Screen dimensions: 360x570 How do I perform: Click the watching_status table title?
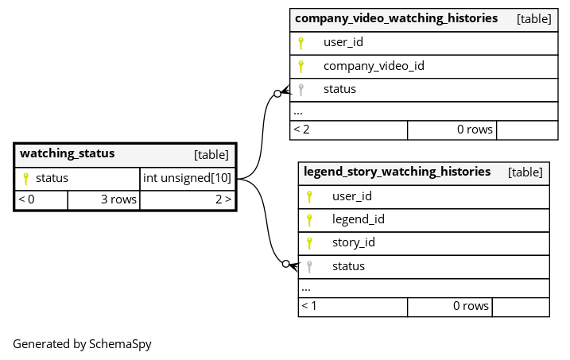tap(68, 154)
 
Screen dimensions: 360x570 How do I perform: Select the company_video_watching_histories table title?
tap(396, 18)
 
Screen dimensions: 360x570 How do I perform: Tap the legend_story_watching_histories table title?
tap(397, 172)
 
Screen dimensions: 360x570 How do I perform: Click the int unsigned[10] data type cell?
tap(187, 178)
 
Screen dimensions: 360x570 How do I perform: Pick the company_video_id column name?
tap(373, 66)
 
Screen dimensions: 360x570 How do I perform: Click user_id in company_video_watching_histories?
tap(343, 42)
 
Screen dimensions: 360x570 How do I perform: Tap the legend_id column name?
tap(358, 219)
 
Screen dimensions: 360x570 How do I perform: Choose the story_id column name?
tap(353, 242)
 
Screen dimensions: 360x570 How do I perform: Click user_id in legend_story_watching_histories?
tap(352, 196)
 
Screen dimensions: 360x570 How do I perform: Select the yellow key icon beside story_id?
tap(309, 243)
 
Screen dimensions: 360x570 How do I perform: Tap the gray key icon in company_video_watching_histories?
tap(301, 89)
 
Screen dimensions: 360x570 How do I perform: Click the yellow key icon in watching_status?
tap(25, 178)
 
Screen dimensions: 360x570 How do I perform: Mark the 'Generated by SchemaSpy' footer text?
tap(82, 344)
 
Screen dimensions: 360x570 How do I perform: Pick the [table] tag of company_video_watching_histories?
tap(533, 18)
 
